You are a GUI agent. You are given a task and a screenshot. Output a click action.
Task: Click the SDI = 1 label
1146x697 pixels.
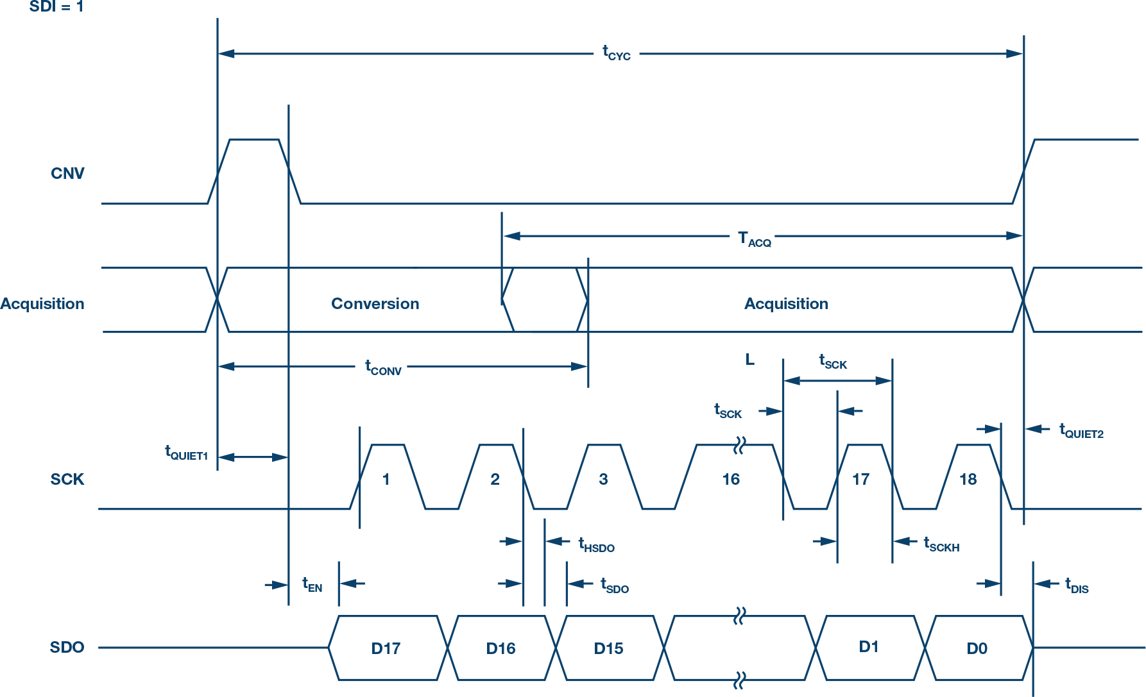coord(56,7)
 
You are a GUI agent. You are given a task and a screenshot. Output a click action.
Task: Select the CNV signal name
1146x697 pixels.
coord(67,174)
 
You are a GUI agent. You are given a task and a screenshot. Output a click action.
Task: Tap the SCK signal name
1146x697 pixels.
coord(67,480)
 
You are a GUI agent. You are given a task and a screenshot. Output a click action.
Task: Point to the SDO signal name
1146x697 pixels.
coord(67,648)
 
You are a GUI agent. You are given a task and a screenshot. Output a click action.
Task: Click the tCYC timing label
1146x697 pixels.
coord(616,53)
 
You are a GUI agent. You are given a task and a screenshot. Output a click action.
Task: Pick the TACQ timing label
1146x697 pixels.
coord(754,239)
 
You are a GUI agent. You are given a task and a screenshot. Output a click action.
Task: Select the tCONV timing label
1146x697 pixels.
coord(383,368)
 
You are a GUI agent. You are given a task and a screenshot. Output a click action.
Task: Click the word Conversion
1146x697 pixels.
coord(375,304)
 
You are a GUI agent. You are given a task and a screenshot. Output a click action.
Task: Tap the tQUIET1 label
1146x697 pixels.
coord(186,453)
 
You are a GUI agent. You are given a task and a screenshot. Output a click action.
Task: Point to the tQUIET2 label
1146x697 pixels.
coord(1081,431)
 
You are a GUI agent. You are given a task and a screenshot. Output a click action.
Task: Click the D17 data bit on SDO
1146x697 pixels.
coord(386,649)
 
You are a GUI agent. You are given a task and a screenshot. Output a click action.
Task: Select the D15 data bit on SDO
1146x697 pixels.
coord(608,649)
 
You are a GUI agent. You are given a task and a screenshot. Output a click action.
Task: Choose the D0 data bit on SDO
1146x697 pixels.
coord(977,649)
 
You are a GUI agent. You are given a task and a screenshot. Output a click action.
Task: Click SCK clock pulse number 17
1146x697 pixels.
coord(860,480)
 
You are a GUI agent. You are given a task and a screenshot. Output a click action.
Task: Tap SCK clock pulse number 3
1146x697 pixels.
coord(603,480)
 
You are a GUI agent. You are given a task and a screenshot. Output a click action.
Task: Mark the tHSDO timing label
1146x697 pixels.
coord(596,545)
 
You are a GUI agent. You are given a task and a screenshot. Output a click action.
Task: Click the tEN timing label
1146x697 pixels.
coord(312,585)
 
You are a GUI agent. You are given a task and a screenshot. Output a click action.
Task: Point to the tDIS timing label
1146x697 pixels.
coord(1077,586)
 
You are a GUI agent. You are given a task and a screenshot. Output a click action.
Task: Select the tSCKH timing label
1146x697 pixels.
coord(941,544)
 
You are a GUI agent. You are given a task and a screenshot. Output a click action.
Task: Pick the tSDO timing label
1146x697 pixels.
coord(614,585)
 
